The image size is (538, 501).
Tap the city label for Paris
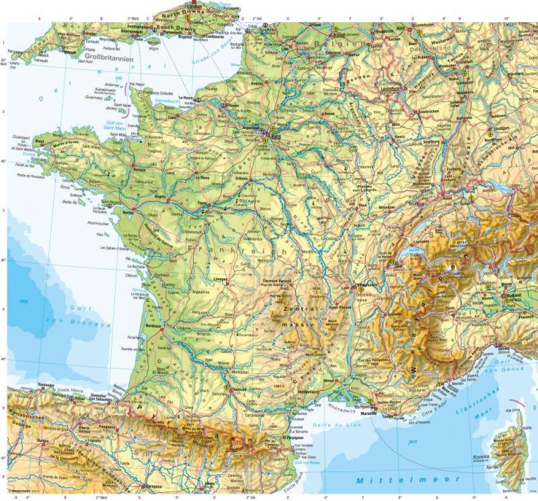tap(277, 136)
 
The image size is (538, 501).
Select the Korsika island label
tap(481, 456)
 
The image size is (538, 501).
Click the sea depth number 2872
tap(413, 442)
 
